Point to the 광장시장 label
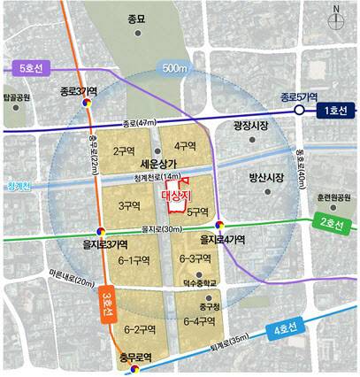[251, 127]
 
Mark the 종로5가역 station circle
[300, 110]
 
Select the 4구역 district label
[185, 145]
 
